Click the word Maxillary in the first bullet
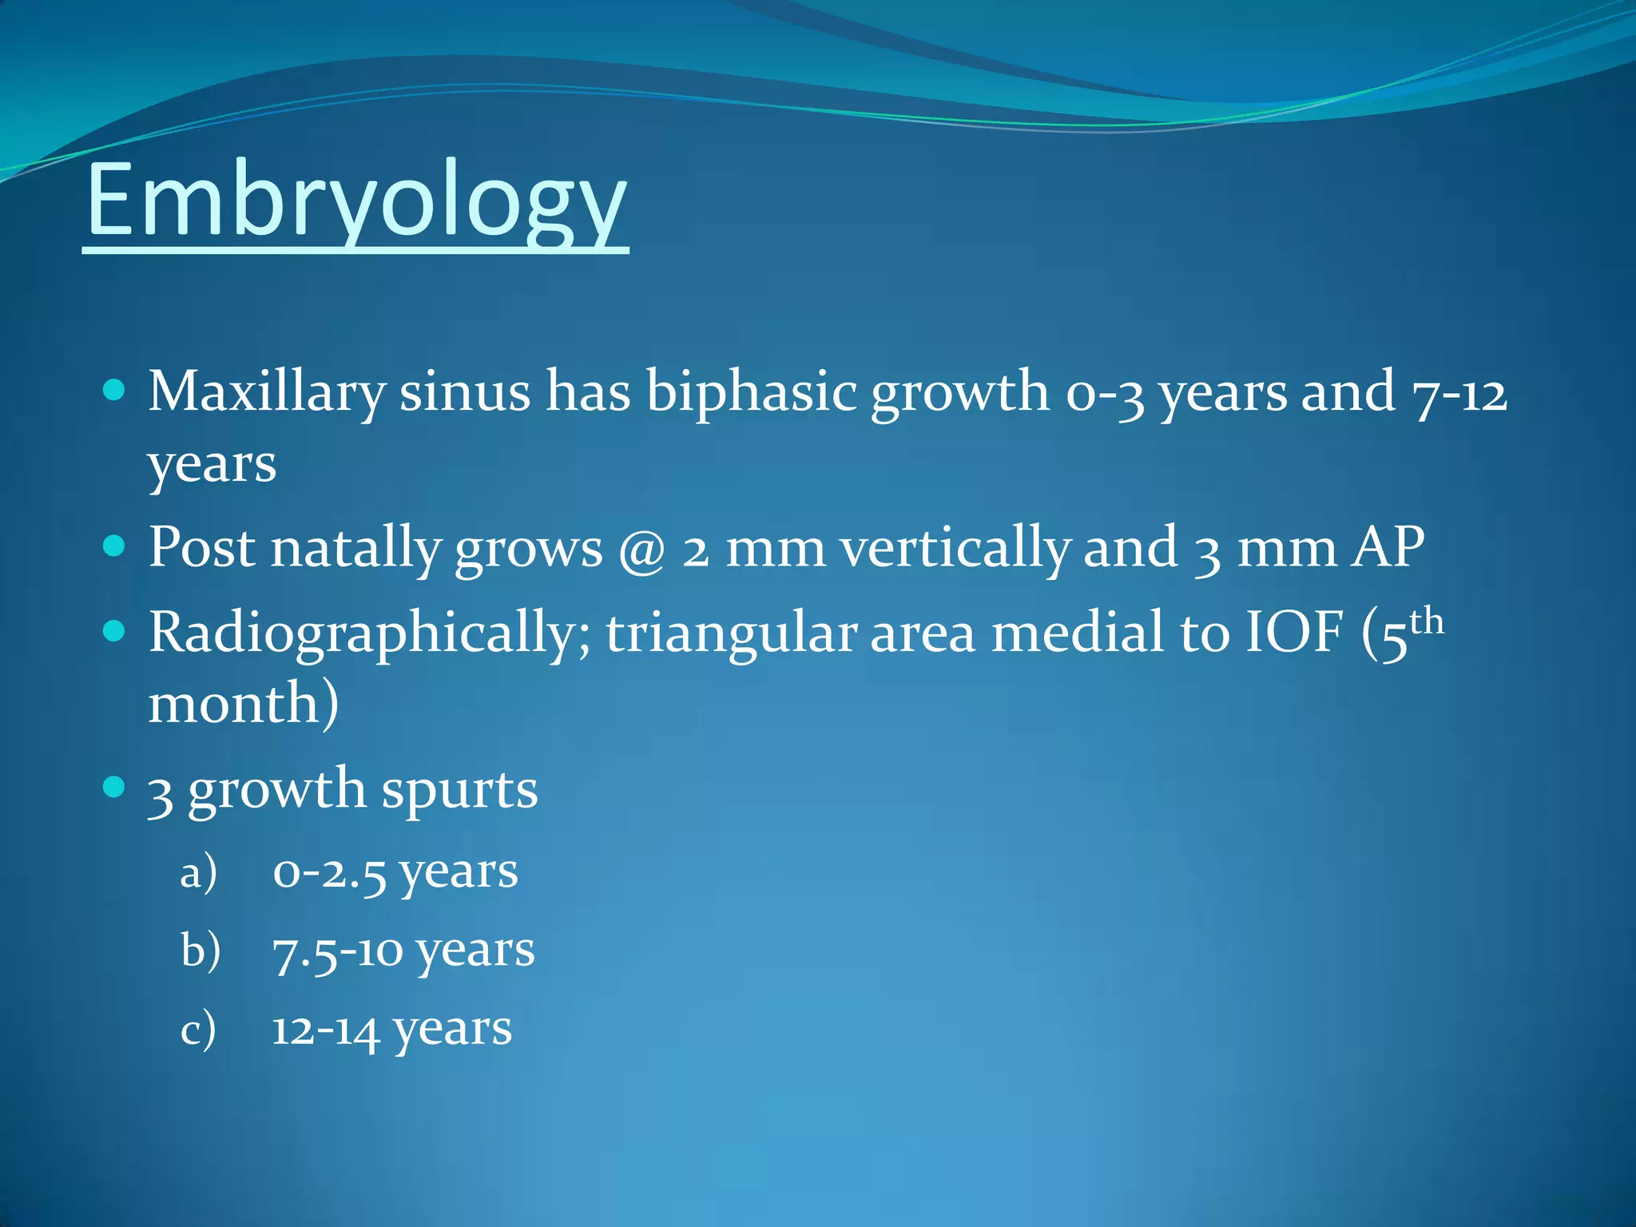[x=266, y=393]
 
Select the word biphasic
[x=751, y=393]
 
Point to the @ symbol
[x=642, y=550]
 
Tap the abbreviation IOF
[x=1294, y=633]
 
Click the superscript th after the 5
[x=1427, y=621]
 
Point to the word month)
[x=244, y=705]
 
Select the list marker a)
[x=198, y=872]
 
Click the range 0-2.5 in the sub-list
[x=329, y=872]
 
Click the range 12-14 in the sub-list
[x=325, y=1030]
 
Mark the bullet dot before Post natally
[x=115, y=547]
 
